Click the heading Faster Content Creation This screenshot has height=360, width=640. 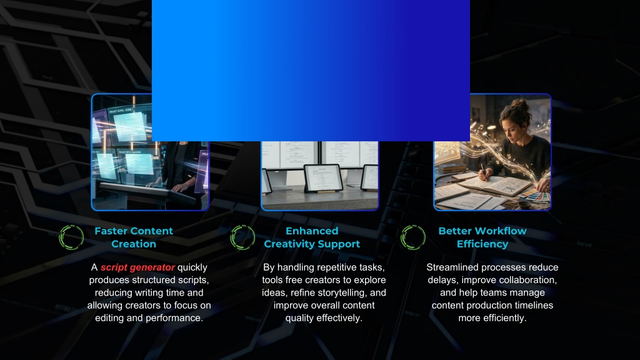(134, 237)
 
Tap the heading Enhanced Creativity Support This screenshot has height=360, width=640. (312, 237)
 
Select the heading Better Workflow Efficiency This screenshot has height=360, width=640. (482, 237)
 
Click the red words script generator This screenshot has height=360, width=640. (137, 267)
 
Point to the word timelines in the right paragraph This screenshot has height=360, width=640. (534, 305)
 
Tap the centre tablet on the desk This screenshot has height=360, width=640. (323, 178)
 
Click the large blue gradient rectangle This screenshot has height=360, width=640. (311, 71)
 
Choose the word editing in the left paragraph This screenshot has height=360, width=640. (109, 318)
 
